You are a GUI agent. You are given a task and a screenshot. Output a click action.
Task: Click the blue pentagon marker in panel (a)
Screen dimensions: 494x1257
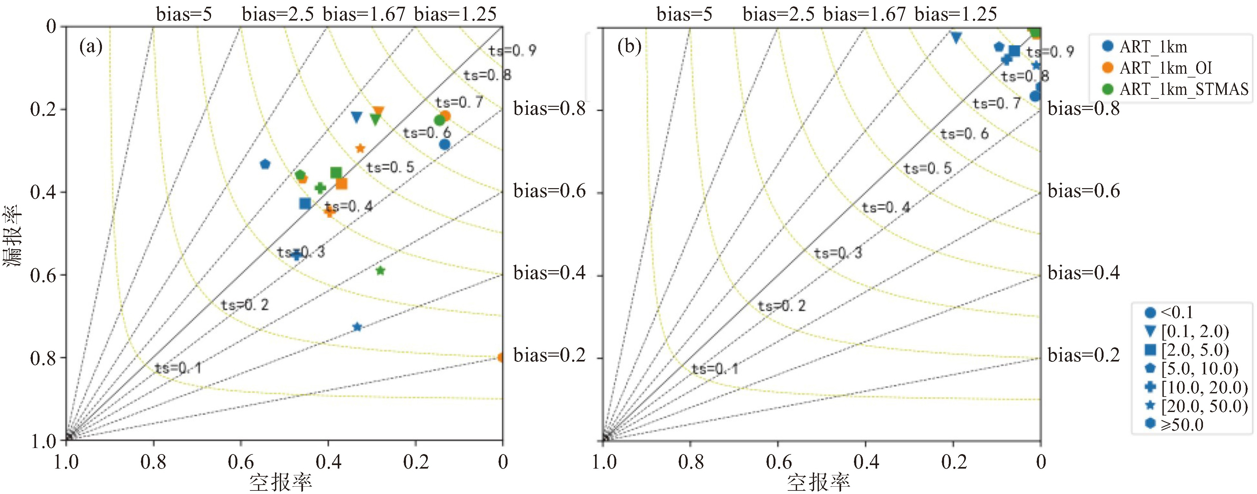(x=265, y=164)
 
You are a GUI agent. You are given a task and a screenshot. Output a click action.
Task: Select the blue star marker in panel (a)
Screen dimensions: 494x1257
(x=357, y=326)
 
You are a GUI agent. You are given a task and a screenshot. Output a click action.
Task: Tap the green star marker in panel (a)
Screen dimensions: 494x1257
(x=381, y=270)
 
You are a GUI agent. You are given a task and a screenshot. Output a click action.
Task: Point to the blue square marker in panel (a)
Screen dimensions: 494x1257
(x=305, y=203)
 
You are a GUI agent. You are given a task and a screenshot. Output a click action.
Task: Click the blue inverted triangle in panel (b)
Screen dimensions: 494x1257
(x=956, y=37)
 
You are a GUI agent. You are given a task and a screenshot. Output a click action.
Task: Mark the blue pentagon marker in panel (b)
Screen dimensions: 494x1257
(x=999, y=47)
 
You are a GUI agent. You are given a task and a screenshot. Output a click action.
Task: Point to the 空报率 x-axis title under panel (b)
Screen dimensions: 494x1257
(x=818, y=482)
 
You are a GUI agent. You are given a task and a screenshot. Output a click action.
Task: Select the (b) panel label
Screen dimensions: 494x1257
(x=629, y=47)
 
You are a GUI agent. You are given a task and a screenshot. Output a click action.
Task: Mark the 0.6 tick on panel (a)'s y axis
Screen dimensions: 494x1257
(x=43, y=275)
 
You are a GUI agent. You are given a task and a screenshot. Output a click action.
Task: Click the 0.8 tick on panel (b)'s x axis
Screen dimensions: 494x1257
(x=691, y=462)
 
